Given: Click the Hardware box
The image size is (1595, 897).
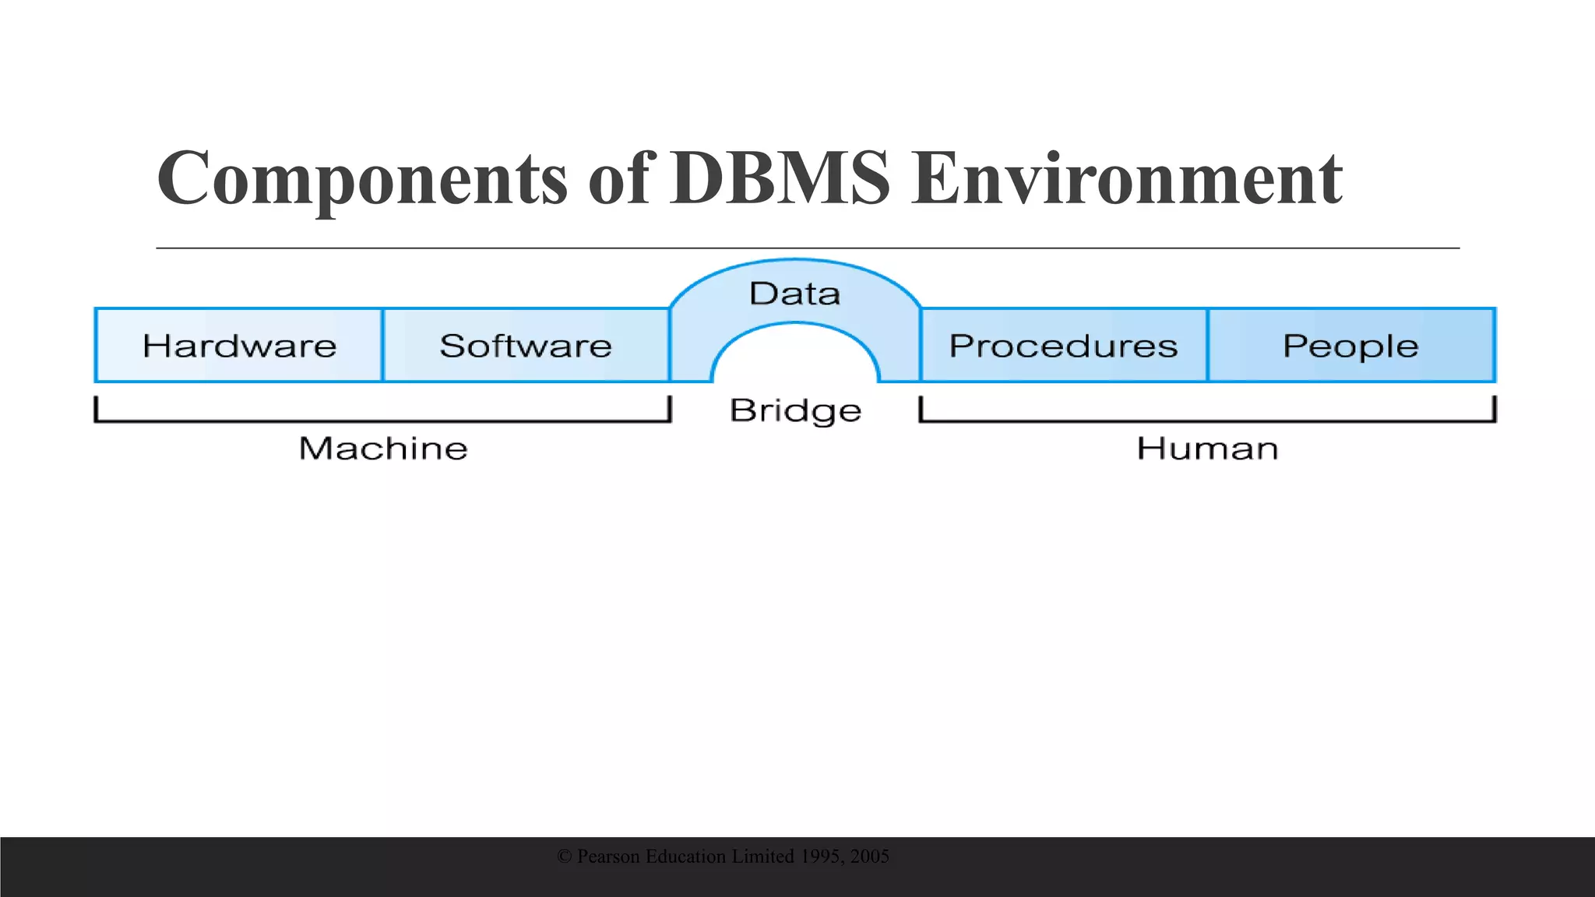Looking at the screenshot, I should point(239,346).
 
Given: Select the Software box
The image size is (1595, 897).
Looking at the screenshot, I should point(526,346).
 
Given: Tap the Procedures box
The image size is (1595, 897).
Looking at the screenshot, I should point(1063,346).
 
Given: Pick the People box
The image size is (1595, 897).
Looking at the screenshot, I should point(1351,346).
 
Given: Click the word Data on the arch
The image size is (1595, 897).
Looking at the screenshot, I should point(794,294).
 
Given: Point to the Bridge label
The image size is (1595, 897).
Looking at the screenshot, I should point(795,410).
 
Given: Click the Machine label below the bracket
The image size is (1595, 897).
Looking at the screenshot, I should point(383,448).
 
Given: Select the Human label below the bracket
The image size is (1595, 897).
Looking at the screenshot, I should point(1207,448).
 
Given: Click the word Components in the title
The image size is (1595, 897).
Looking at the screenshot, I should point(362,179).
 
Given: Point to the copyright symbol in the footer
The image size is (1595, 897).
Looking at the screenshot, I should point(565,857).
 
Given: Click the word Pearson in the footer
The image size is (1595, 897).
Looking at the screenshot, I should point(609,857).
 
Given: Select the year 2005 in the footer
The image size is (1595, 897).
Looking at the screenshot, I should point(870,857).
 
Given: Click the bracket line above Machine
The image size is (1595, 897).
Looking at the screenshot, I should point(382,420).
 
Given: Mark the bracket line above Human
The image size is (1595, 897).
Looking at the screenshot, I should point(1207,420).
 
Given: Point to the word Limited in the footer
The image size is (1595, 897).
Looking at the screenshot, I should point(763,857).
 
